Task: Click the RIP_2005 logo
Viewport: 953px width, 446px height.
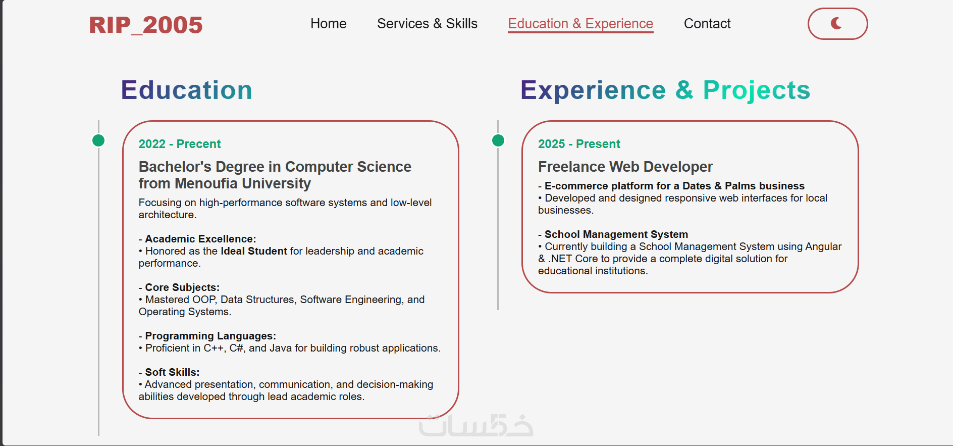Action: pyautogui.click(x=146, y=25)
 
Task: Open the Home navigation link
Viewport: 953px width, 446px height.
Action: pyautogui.click(x=329, y=24)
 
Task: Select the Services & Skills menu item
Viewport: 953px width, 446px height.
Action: pyautogui.click(x=427, y=24)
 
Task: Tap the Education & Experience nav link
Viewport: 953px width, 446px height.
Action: pyautogui.click(x=580, y=24)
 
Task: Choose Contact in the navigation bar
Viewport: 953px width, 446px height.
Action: pyautogui.click(x=707, y=24)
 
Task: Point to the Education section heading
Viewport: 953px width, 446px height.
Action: pyautogui.click(x=186, y=90)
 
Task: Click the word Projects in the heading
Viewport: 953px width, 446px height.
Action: pyautogui.click(x=757, y=91)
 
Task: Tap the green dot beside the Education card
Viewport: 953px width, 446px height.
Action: pyautogui.click(x=99, y=140)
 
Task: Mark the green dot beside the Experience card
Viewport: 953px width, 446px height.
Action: pyautogui.click(x=498, y=140)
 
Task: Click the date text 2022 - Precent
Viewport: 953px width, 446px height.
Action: pyautogui.click(x=180, y=144)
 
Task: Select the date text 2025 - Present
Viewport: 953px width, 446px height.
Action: pyautogui.click(x=579, y=144)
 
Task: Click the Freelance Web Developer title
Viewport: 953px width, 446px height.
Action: pyautogui.click(x=625, y=167)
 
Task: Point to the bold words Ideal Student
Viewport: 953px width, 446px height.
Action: pyautogui.click(x=254, y=251)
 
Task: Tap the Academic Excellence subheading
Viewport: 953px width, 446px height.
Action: pyautogui.click(x=200, y=239)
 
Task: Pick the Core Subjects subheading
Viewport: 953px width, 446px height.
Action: pyautogui.click(x=182, y=287)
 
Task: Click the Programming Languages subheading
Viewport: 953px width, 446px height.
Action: pyautogui.click(x=210, y=336)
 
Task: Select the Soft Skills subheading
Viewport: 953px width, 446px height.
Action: pyautogui.click(x=172, y=372)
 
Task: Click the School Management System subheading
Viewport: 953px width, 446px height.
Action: pyautogui.click(x=616, y=234)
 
